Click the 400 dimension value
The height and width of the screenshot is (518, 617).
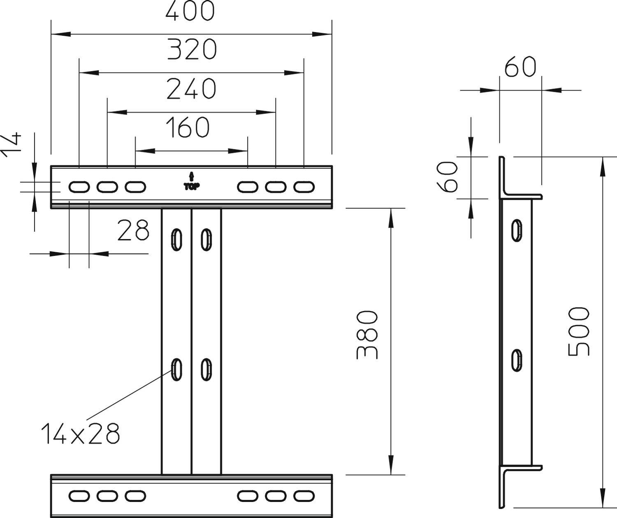coord(190,11)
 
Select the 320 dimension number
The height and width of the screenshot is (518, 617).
coord(192,49)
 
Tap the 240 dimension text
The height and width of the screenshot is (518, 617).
coord(191,88)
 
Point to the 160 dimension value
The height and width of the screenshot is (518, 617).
coord(188,127)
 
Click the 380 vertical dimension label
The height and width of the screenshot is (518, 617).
coord(366,335)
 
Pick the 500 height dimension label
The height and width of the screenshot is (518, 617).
coord(578,331)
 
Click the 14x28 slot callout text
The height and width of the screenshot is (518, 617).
coord(81,434)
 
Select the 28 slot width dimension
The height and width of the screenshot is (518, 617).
coord(133,230)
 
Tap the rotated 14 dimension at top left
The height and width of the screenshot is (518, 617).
coord(10,145)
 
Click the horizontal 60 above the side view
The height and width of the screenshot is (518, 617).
coord(520,67)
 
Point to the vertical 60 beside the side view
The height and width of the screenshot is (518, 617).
coord(447,177)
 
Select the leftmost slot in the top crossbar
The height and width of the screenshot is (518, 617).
coord(79,187)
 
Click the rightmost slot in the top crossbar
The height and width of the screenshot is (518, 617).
coord(304,187)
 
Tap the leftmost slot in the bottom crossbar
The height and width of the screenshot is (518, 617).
coord(79,496)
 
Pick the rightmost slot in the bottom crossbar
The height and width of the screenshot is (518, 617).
coord(304,496)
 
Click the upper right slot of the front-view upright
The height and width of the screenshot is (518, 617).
coord(206,239)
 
